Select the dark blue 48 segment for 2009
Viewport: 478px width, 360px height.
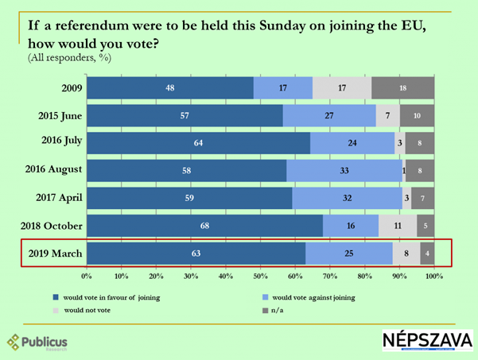[169, 87]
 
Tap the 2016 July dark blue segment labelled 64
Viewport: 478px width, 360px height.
[198, 143]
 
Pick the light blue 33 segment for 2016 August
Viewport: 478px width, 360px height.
[344, 170]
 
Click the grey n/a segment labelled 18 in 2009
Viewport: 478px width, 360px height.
[402, 87]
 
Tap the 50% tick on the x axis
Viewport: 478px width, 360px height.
[260, 277]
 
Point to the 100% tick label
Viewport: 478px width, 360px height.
[433, 277]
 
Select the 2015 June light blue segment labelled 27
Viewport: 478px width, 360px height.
[329, 115]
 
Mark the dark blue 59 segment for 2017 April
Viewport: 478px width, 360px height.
[189, 199]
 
